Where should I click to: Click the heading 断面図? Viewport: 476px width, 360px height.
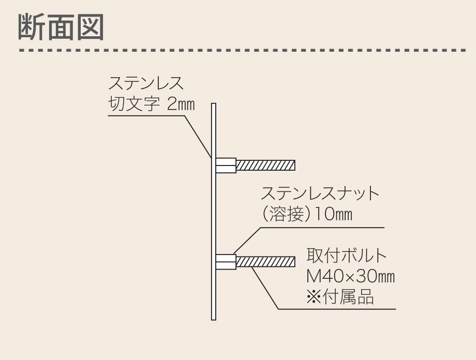[x=61, y=26]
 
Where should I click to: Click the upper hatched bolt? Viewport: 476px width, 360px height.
[x=265, y=166]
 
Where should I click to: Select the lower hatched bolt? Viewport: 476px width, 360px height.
[x=265, y=262]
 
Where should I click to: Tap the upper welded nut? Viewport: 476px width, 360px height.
[x=226, y=166]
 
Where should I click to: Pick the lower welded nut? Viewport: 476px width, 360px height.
[x=226, y=262]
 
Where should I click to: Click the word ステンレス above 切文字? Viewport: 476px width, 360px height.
[x=146, y=83]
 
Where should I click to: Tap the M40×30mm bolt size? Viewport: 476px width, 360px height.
[x=350, y=277]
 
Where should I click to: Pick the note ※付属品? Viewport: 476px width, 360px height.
[x=339, y=297]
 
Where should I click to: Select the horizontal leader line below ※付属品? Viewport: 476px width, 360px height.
[x=336, y=309]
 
